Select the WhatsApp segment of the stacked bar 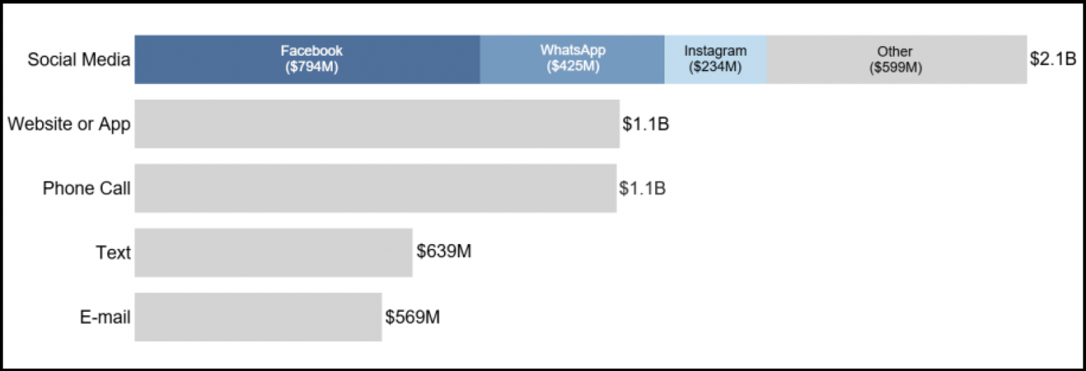(x=572, y=60)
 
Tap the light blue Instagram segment (x=715, y=60)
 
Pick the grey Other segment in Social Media (x=896, y=60)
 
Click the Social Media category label (x=79, y=60)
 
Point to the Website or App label (x=69, y=124)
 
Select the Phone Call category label (x=86, y=189)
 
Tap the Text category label (x=113, y=253)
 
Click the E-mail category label (x=105, y=317)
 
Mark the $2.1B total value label (x=1053, y=59)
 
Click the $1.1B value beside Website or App (x=645, y=124)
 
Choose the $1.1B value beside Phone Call (x=642, y=189)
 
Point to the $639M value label (x=444, y=252)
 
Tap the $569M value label (x=413, y=317)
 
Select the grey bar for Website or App (x=377, y=124)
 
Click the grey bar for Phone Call (x=375, y=189)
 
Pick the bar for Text (x=273, y=253)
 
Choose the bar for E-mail (x=258, y=317)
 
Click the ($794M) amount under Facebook (x=312, y=67)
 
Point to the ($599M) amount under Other (x=895, y=68)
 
